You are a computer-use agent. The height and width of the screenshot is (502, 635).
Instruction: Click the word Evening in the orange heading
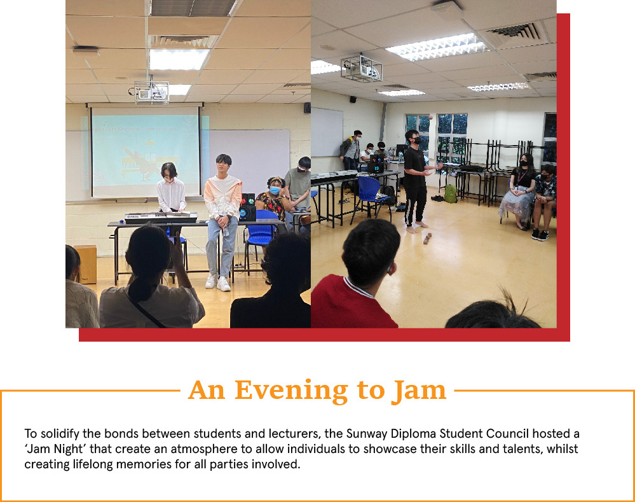pyautogui.click(x=291, y=390)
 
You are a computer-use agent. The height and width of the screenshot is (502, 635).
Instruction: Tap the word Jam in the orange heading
pyautogui.click(x=420, y=390)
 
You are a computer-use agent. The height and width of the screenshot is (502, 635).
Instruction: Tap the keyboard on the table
pyautogui.click(x=161, y=218)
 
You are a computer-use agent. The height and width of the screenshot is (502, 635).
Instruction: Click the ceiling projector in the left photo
pyautogui.click(x=151, y=92)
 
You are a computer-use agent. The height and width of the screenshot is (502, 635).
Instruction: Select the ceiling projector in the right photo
pyautogui.click(x=361, y=67)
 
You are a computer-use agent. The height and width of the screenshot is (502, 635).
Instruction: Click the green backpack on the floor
pyautogui.click(x=450, y=194)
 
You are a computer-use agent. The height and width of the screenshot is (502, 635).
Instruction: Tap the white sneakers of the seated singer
pyautogui.click(x=217, y=282)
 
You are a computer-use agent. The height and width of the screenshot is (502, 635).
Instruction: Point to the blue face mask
pyautogui.click(x=275, y=190)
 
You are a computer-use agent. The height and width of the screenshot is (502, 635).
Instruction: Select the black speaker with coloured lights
pyautogui.click(x=247, y=207)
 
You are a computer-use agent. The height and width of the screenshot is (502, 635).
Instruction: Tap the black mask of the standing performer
pyautogui.click(x=417, y=141)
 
